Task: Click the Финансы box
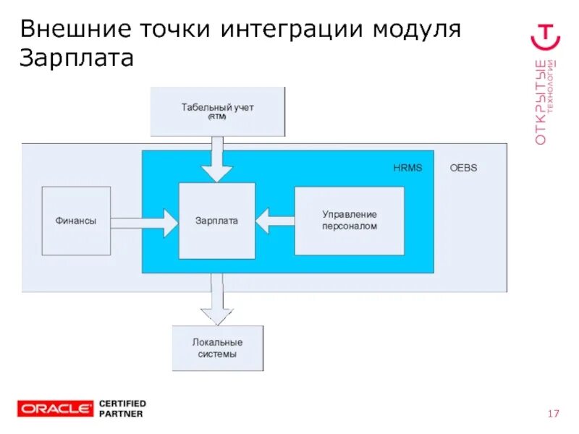coord(76,221)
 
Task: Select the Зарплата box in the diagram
coord(216,221)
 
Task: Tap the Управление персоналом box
coord(349,221)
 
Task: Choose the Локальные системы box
coord(217,348)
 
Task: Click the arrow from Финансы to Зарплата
coord(145,222)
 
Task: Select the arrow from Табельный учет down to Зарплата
coord(217,159)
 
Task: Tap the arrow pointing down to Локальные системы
coord(217,300)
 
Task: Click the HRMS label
coord(407,168)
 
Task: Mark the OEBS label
coord(463,168)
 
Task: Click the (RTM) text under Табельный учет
coord(217,116)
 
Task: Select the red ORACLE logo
coord(56,409)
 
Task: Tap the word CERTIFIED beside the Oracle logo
coord(122,403)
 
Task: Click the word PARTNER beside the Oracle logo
coord(120,414)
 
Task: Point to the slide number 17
coord(554,414)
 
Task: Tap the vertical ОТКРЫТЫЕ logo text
coord(541,101)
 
